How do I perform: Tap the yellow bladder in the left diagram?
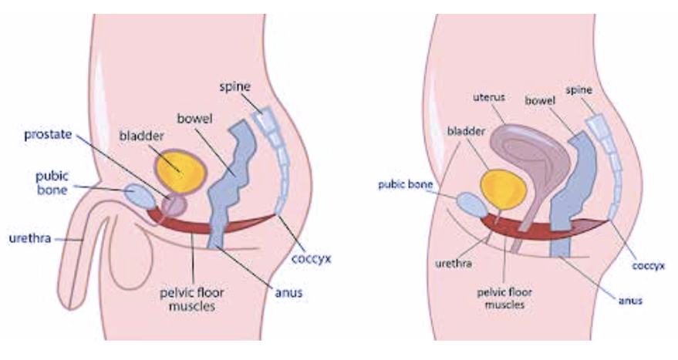coord(181,168)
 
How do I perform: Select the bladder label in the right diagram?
coord(464,131)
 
